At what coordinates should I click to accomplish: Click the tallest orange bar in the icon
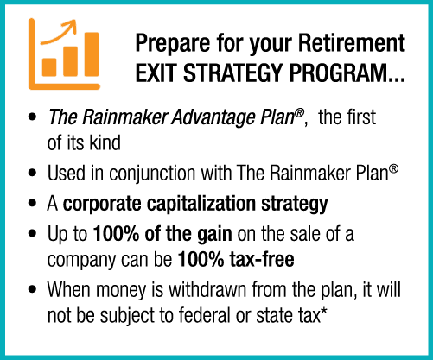(x=92, y=54)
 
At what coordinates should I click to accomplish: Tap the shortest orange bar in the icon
(x=49, y=67)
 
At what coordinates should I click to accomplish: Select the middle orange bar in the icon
(x=70, y=61)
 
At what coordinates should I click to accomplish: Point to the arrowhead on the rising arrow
(x=71, y=25)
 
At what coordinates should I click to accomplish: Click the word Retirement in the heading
(x=352, y=43)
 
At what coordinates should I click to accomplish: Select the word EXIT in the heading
(x=156, y=73)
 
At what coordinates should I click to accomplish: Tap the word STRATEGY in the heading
(x=232, y=73)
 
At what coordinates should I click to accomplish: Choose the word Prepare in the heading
(x=173, y=44)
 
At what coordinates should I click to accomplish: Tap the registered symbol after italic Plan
(x=300, y=112)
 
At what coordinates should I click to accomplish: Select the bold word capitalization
(x=201, y=204)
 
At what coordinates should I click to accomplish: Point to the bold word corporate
(x=102, y=205)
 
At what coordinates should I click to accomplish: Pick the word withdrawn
(x=207, y=289)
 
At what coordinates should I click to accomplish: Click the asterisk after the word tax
(x=324, y=310)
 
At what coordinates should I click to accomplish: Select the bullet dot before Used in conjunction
(x=33, y=173)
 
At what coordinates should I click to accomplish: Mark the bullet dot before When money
(x=33, y=288)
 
